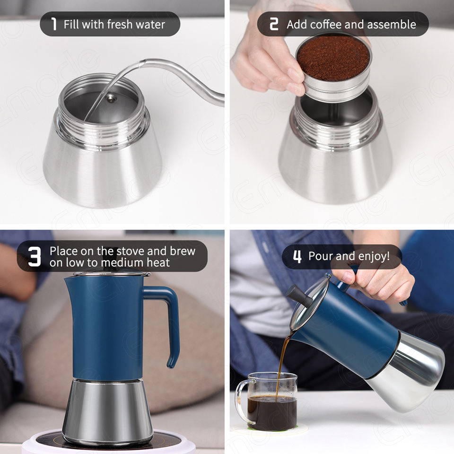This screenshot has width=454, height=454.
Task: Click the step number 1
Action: tap(53, 24)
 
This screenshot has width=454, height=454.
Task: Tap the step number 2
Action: tap(274, 24)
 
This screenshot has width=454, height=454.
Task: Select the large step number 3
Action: tap(35, 256)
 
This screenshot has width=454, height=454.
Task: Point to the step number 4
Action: tap(297, 256)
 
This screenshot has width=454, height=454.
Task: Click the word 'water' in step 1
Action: tap(150, 24)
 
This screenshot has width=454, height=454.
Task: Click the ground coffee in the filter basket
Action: tap(333, 58)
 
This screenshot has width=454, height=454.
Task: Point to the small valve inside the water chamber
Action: tap(111, 99)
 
